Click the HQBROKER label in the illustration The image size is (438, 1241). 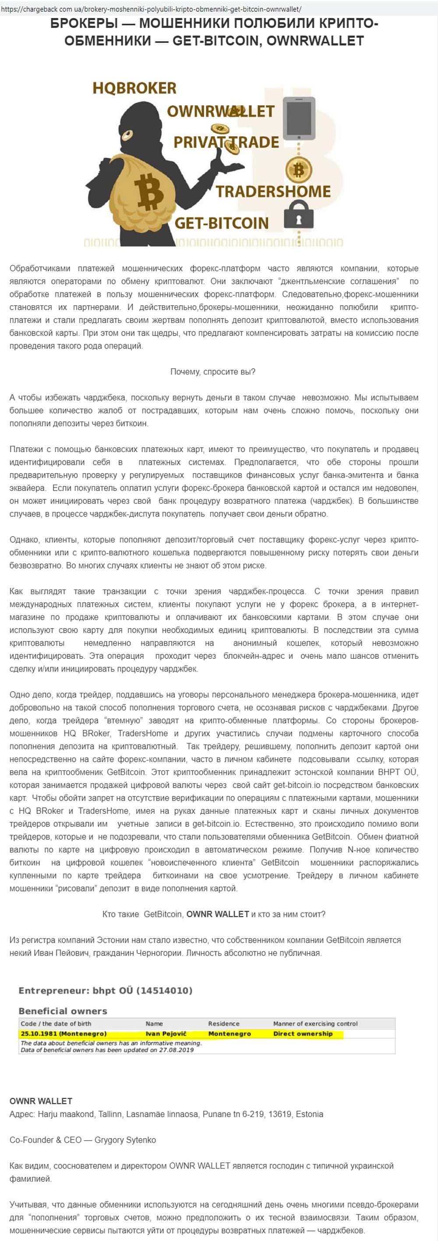[x=134, y=88]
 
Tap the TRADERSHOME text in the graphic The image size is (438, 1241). [x=273, y=191]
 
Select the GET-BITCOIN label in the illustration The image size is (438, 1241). [x=221, y=223]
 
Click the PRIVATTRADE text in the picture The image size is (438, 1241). [x=226, y=142]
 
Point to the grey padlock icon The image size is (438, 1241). [x=299, y=215]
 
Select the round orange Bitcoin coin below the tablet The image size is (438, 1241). [x=299, y=170]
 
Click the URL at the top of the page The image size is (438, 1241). [x=151, y=9]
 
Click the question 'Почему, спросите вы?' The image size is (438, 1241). [x=213, y=371]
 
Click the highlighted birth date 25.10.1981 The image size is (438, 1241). [x=39, y=1033]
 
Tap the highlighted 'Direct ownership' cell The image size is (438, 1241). [x=303, y=1033]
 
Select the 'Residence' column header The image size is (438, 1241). [x=223, y=1023]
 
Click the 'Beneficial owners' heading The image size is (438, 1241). [x=63, y=1011]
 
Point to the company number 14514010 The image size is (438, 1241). [x=164, y=990]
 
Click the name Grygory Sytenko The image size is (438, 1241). [x=125, y=1140]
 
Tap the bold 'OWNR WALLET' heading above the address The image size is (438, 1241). [x=41, y=1101]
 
